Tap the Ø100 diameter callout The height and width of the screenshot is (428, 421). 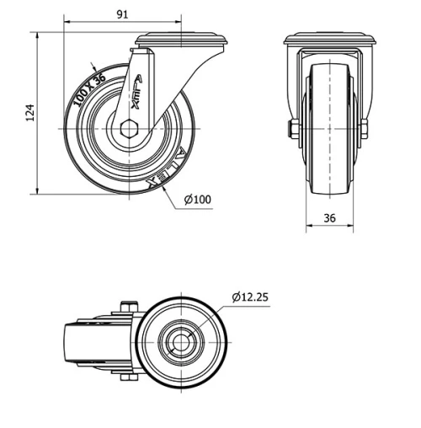(196, 200)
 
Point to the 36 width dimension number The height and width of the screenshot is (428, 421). (330, 217)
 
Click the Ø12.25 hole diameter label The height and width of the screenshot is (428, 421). (250, 297)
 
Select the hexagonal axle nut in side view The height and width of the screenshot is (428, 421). (129, 128)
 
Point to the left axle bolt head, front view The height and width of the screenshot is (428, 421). (290, 128)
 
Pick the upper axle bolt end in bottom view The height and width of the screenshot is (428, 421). (128, 306)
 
